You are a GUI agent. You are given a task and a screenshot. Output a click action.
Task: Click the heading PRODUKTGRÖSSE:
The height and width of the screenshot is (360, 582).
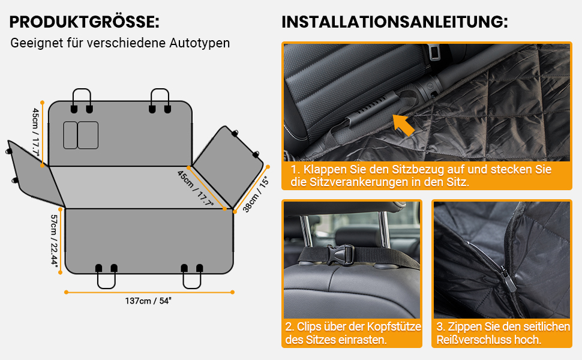pyautogui.click(x=84, y=22)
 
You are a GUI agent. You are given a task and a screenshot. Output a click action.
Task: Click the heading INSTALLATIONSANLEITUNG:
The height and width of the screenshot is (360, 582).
pyautogui.click(x=395, y=22)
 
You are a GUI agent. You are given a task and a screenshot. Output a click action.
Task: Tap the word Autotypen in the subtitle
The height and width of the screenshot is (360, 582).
pyautogui.click(x=200, y=43)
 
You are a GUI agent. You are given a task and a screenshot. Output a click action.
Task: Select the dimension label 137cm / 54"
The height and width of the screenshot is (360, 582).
pyautogui.click(x=148, y=301)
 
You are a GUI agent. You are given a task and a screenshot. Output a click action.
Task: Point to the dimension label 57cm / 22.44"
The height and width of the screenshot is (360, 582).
pyautogui.click(x=55, y=240)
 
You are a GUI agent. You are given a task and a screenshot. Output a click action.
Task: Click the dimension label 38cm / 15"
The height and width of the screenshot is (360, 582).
pyautogui.click(x=256, y=194)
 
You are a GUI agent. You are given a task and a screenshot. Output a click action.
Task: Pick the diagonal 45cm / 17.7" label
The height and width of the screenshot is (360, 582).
pyautogui.click(x=196, y=188)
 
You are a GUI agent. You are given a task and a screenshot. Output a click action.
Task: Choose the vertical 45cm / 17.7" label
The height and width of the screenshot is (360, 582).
pyautogui.click(x=35, y=133)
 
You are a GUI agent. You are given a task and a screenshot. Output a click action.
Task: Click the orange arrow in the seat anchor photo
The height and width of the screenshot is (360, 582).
pyautogui.click(x=403, y=125)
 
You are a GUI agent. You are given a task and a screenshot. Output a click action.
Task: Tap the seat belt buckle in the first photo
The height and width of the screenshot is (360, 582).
pyautogui.click(x=433, y=51)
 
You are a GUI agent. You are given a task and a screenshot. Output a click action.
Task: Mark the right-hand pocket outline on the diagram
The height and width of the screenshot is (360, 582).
pyautogui.click(x=88, y=135)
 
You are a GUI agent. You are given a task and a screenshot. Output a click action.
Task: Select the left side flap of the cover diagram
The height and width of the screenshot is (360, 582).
pyautogui.click(x=34, y=173)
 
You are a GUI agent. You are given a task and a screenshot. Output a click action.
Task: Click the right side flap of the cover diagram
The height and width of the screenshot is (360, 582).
pyautogui.click(x=228, y=166)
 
